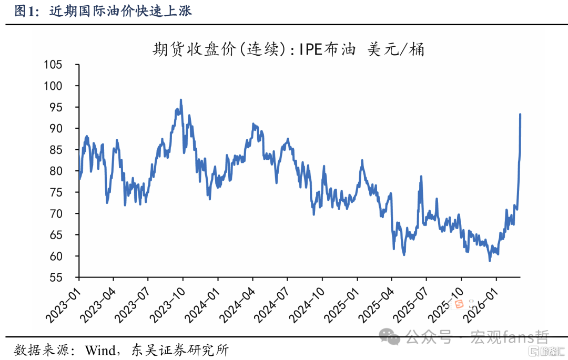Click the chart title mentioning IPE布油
tap(288, 49)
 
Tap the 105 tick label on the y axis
tap(53, 65)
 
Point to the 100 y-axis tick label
tap(53, 86)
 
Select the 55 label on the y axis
tap(56, 277)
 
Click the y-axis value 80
tap(56, 171)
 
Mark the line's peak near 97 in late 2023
tap(181, 100)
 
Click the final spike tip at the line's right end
tap(520, 115)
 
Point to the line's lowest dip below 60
tap(490, 260)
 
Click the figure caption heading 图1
tap(26, 11)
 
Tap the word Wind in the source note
tap(100, 350)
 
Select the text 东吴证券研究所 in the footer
tap(180, 350)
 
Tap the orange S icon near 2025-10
tap(459, 304)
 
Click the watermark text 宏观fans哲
tap(510, 337)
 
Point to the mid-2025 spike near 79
tap(421, 177)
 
